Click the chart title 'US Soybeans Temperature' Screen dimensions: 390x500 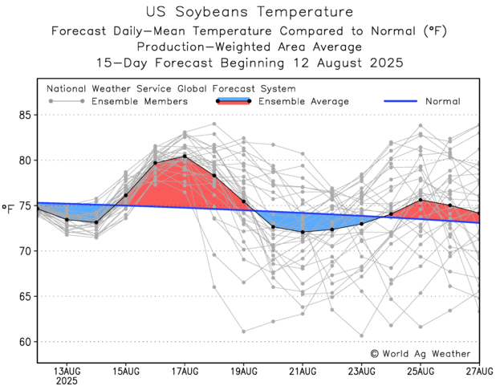point(250,12)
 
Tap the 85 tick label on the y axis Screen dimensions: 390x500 point(24,115)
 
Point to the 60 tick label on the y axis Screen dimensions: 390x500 point(24,342)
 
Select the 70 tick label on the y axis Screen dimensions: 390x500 point(24,251)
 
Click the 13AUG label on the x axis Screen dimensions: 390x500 point(66,371)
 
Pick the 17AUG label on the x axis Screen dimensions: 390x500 point(185,371)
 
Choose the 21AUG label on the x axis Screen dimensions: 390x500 point(303,371)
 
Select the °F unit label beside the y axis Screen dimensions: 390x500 point(8,210)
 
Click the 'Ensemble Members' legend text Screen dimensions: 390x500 point(140,101)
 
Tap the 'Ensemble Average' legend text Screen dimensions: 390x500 point(304,101)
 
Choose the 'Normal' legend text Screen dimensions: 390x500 point(442,101)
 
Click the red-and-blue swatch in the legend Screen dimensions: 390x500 point(233,100)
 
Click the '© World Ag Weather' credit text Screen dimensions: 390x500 point(420,353)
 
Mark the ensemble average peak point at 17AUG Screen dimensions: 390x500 point(185,156)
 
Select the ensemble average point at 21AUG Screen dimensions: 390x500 point(303,232)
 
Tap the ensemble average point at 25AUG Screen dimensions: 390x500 point(421,200)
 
